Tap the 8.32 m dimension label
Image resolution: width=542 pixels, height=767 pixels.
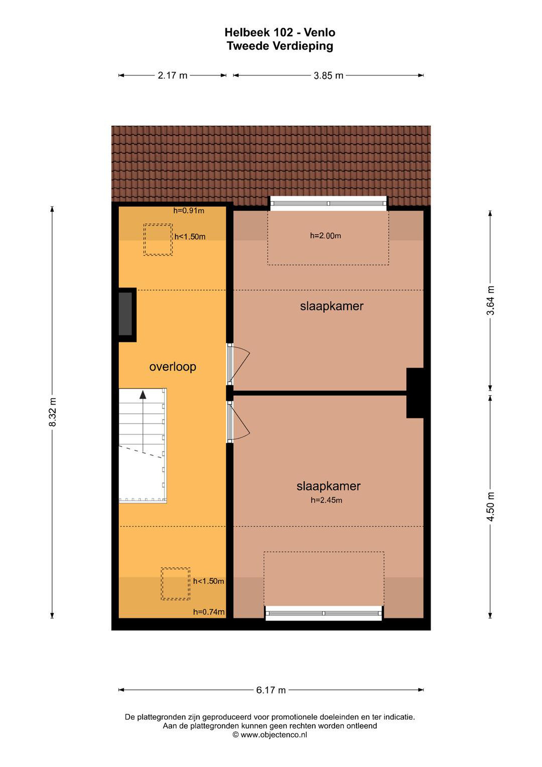(x=52, y=412)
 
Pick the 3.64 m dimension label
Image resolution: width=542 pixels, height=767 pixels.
(x=490, y=301)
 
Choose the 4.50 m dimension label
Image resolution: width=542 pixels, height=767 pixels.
(x=490, y=507)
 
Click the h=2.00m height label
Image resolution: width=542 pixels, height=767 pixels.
(x=325, y=236)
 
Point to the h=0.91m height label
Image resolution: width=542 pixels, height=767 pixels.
(x=188, y=211)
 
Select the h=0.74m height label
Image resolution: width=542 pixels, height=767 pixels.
(x=209, y=612)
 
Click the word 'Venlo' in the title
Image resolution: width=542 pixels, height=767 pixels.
(x=319, y=32)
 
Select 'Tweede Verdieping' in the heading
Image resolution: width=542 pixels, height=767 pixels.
(x=280, y=46)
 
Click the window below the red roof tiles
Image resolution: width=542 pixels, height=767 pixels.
(x=328, y=203)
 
